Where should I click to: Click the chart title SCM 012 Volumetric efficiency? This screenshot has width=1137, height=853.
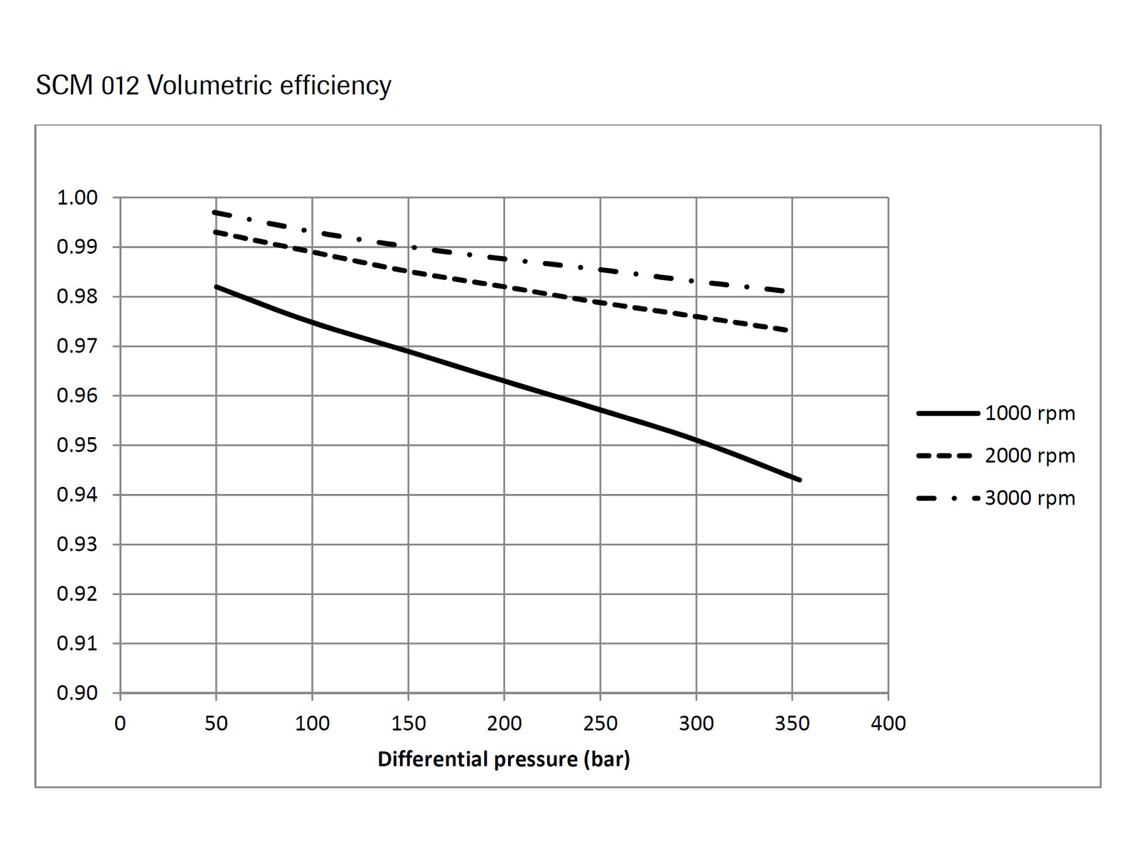coord(213,85)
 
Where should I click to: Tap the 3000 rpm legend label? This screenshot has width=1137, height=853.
coord(1030,498)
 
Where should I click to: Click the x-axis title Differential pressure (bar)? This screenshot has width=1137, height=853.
coord(503,759)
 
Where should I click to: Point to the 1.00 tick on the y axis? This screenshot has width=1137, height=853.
coord(77,198)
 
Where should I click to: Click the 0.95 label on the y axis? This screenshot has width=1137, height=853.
coord(77,445)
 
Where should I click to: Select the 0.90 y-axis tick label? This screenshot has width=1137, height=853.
coord(77,693)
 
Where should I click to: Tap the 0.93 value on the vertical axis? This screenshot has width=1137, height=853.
coord(77,544)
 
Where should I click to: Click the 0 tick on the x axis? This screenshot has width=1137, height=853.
coord(120,724)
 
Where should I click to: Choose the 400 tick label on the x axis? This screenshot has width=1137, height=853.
coord(888,724)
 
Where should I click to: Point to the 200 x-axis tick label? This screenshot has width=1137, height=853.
coord(504,724)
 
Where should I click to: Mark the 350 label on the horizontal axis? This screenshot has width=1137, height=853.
coord(792,724)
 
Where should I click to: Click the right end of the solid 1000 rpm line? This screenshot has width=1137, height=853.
coord(800,480)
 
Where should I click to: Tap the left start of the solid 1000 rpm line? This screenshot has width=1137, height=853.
coord(216,286)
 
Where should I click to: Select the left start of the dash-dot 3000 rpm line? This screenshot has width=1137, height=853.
coord(214,212)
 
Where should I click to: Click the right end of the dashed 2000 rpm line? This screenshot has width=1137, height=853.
coord(787,331)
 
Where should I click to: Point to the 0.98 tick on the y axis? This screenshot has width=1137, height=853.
coord(77,296)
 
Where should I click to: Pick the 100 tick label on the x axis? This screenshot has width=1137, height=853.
coord(312,724)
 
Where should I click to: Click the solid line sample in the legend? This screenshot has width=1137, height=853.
coord(947,413)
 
